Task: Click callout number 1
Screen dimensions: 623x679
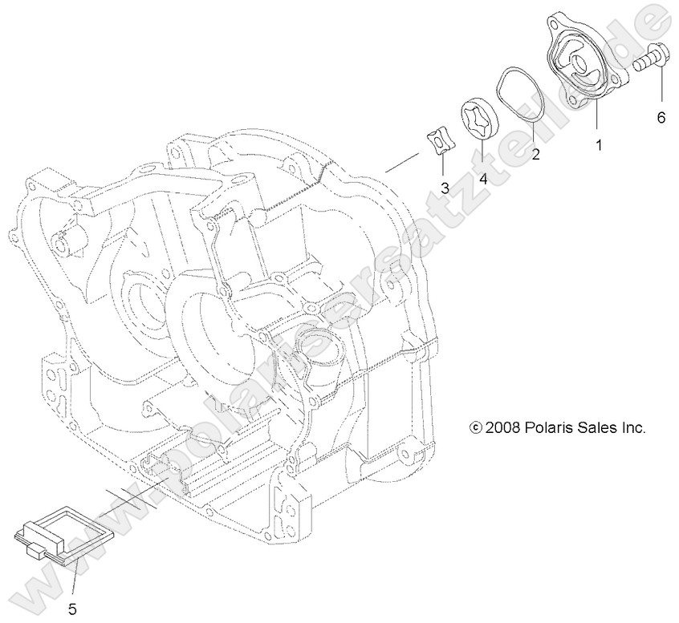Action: [x=598, y=145]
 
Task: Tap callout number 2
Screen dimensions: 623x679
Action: [x=535, y=155]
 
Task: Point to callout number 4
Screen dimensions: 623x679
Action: [x=483, y=177]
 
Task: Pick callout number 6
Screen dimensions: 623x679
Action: [x=661, y=118]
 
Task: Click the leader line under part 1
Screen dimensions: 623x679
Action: [x=596, y=121]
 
